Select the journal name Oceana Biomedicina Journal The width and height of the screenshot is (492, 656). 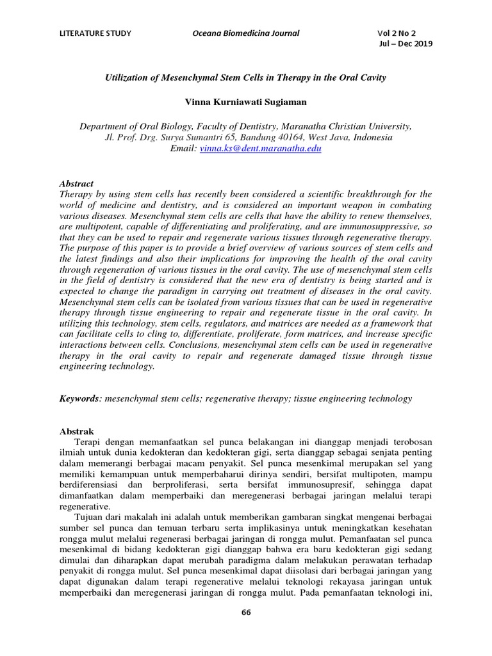246,33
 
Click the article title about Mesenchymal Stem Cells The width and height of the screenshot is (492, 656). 245,78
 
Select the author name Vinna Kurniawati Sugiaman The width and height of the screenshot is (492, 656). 246,102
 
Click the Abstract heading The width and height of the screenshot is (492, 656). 76,183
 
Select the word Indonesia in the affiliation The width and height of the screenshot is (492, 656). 365,138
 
